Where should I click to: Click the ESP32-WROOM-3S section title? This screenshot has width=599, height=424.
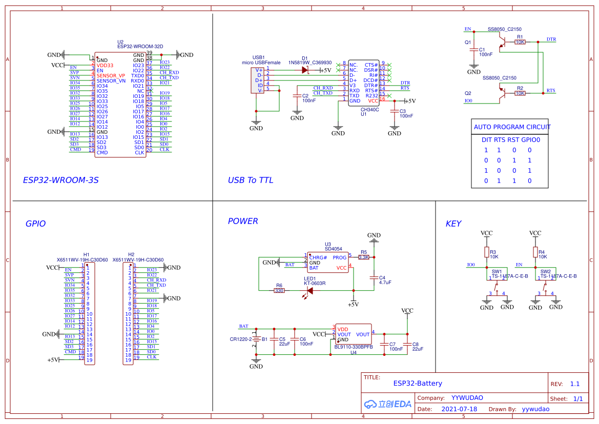tap(60, 180)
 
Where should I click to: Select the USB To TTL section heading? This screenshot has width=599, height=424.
tap(250, 180)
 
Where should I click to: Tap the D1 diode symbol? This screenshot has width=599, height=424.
tap(305, 70)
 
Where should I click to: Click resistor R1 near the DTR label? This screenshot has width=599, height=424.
tap(520, 42)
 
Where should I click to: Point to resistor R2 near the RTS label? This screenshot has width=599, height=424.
tap(520, 93)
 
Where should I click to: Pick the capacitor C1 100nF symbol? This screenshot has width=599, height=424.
tap(474, 51)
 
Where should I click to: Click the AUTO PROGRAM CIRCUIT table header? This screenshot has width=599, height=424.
tap(512, 127)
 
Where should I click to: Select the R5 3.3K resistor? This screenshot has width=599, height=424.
tap(364, 257)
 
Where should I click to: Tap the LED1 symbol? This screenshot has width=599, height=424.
tap(309, 291)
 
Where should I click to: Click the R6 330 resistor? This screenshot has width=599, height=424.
tap(279, 291)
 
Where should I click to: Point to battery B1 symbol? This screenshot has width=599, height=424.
tap(256, 339)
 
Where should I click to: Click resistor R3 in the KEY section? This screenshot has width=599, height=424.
tap(486, 252)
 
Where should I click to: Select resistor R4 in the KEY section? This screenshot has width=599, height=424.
tap(535, 252)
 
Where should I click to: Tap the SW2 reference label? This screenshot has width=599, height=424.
tap(545, 271)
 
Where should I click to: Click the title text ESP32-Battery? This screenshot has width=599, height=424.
tap(417, 383)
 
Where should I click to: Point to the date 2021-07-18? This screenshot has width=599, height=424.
tap(459, 409)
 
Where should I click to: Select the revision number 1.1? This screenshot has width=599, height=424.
tap(574, 384)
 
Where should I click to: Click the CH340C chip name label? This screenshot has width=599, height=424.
tap(369, 109)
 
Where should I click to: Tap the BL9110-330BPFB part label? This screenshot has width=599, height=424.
tap(353, 347)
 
